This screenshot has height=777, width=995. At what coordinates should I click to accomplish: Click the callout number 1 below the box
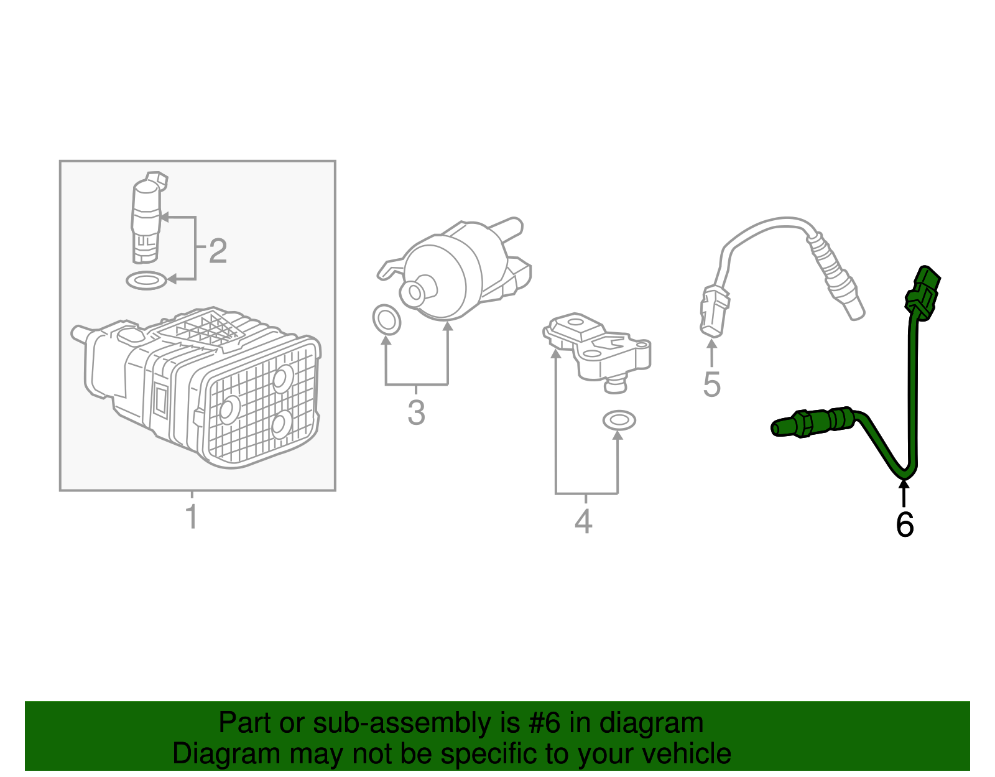click(192, 518)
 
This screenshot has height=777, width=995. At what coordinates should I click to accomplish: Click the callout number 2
click(217, 251)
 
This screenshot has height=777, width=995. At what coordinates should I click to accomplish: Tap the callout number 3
click(416, 412)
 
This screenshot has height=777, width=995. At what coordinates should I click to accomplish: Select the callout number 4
click(583, 521)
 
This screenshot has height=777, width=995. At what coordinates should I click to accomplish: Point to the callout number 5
click(711, 384)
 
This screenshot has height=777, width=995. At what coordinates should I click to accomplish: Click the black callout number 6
click(904, 525)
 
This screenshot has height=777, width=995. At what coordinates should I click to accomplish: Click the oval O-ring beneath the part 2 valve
click(146, 281)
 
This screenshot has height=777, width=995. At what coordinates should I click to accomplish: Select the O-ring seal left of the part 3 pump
click(386, 320)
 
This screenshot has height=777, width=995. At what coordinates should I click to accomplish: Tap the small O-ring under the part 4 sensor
click(619, 421)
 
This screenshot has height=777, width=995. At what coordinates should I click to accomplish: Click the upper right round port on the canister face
click(283, 378)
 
